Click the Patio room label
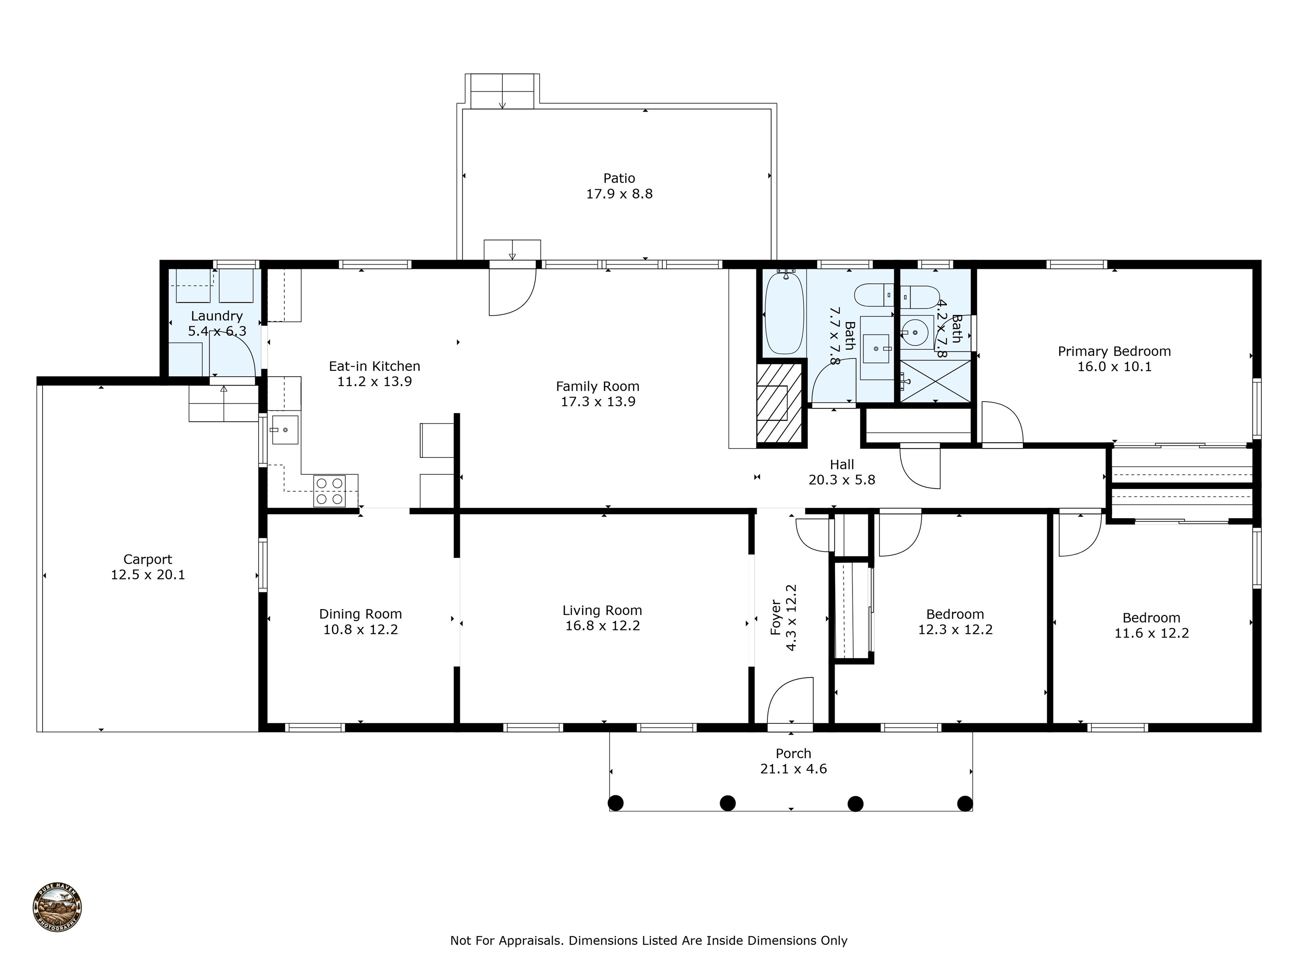coord(619,178)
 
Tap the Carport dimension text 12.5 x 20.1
coord(148,575)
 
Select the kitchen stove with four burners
coord(329,490)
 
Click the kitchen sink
coord(285,430)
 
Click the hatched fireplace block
coord(779,403)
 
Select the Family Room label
coord(597,386)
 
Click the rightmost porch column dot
coord(965,803)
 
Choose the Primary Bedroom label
coord(1114,351)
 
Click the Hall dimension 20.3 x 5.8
coord(842,480)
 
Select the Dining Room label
coord(360,614)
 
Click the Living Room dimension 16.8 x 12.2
coord(602,626)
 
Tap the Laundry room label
coord(216,316)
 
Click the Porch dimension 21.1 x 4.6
coord(794,769)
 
